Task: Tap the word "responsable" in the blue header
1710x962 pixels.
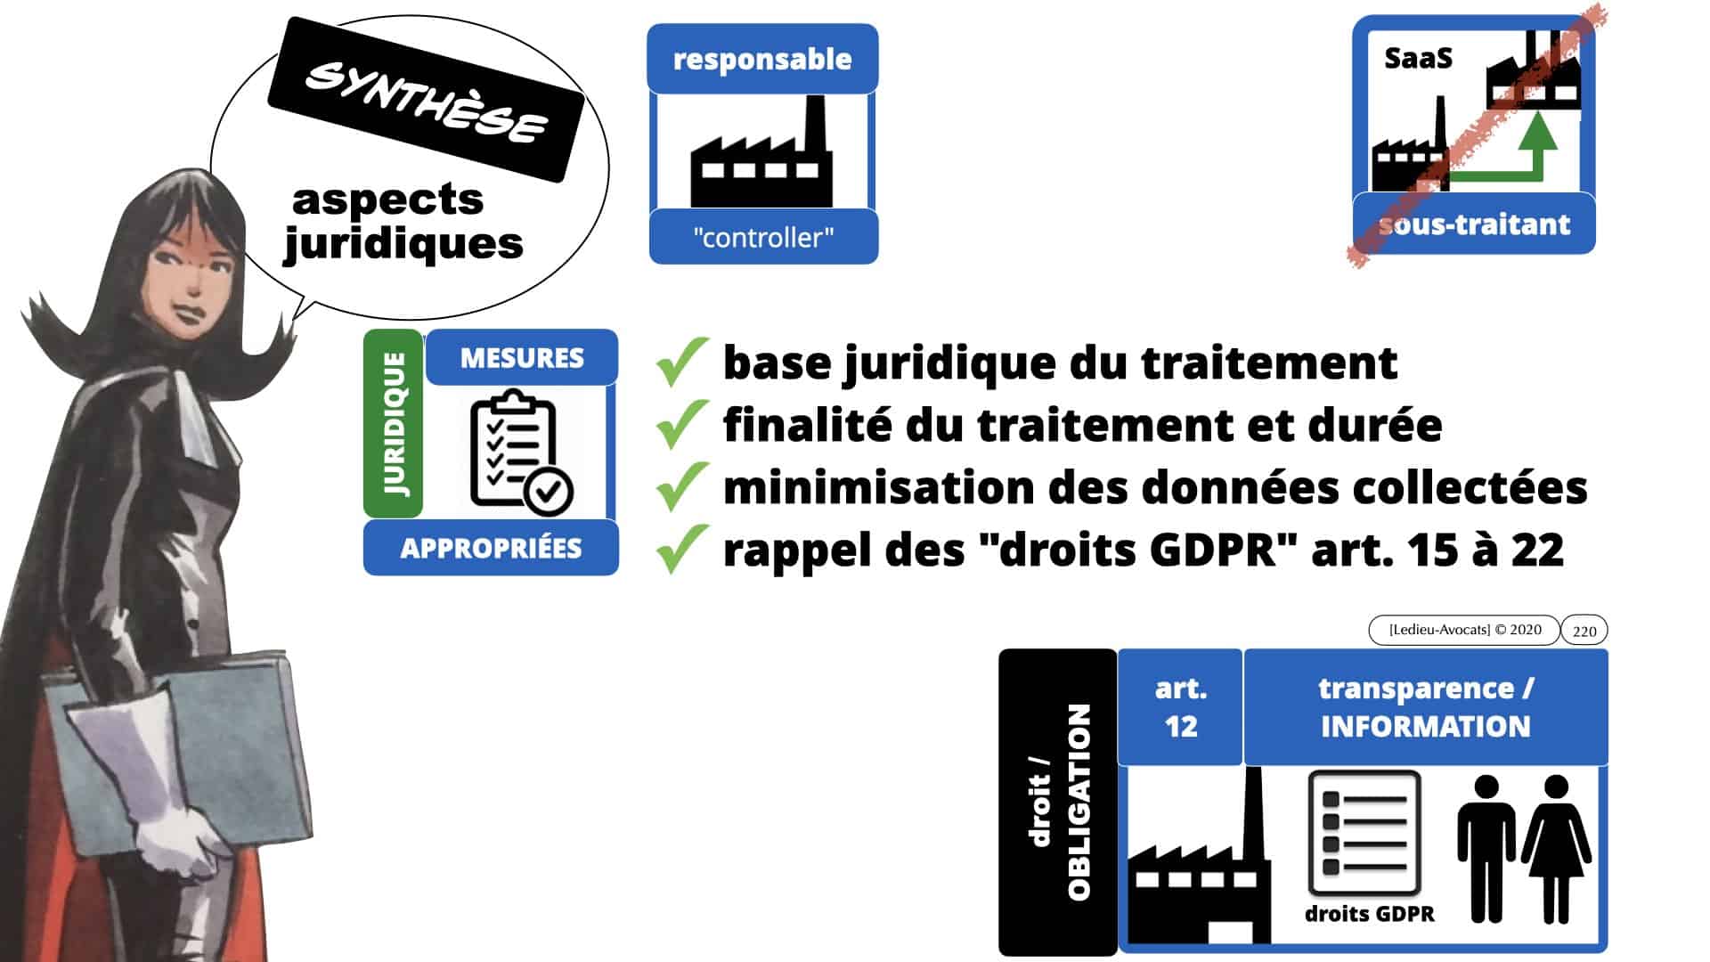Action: pyautogui.click(x=762, y=59)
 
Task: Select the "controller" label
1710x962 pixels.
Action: pyautogui.click(x=763, y=238)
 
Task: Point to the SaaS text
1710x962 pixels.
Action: pyautogui.click(x=1418, y=59)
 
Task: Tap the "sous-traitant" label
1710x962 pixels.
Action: pyautogui.click(x=1474, y=224)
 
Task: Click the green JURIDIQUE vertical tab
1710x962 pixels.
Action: pyautogui.click(x=394, y=423)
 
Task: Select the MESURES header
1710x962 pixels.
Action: pyautogui.click(x=522, y=358)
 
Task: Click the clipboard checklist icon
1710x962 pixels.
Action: pyautogui.click(x=520, y=452)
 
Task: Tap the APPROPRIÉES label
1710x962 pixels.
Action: pyautogui.click(x=491, y=548)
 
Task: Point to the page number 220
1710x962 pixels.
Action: pyautogui.click(x=1584, y=631)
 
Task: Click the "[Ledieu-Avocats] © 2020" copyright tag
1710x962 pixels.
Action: pyautogui.click(x=1464, y=630)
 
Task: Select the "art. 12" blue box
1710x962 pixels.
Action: pyautogui.click(x=1180, y=707)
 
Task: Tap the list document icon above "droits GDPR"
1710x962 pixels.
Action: pyautogui.click(x=1364, y=834)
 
